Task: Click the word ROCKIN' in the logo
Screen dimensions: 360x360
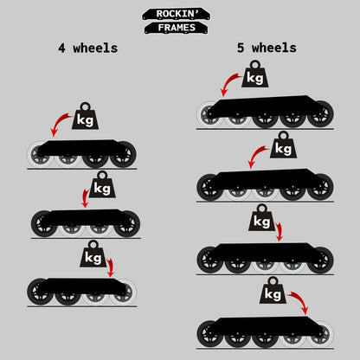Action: pos(177,14)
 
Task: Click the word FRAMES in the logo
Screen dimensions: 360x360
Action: pos(177,28)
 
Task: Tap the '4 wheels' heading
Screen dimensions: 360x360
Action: pos(88,48)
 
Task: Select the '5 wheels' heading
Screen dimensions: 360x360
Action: pos(267,48)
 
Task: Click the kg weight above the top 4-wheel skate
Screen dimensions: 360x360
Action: pos(85,116)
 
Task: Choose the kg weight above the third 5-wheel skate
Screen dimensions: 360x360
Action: pos(261,218)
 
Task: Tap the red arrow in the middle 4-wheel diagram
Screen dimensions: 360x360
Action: pos(85,197)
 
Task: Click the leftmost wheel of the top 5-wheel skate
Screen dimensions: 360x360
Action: pos(210,114)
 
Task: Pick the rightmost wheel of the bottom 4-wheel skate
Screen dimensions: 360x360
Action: pos(124,292)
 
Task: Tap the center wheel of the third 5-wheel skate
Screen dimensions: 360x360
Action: pos(265,260)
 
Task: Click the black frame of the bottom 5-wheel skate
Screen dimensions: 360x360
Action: pos(266,327)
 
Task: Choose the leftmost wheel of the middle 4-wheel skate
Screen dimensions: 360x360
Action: pos(44,224)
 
